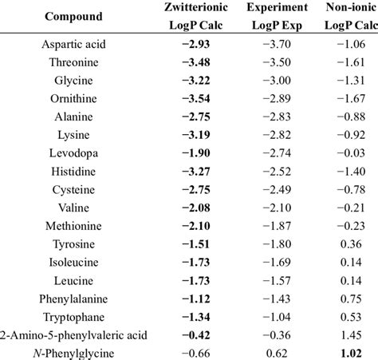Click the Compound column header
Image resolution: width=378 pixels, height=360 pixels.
(73, 17)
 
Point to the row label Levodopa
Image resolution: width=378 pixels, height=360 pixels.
(73, 152)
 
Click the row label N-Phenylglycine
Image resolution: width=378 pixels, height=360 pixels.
(73, 352)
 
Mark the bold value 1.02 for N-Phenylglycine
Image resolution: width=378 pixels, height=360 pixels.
(348, 352)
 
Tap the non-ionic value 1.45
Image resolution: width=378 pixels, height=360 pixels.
(348, 334)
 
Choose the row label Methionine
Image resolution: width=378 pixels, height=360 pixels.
(73, 226)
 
